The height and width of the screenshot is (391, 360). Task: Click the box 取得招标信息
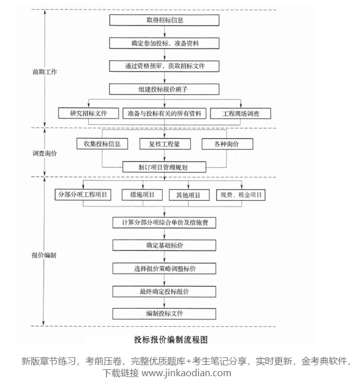click(164, 20)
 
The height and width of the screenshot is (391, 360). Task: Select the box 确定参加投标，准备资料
click(164, 43)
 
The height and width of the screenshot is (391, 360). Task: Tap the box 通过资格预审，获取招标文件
click(164, 66)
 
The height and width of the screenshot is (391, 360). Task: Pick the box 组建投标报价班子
click(164, 89)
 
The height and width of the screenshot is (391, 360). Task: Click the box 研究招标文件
click(89, 113)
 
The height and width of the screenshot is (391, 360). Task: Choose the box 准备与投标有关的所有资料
click(165, 113)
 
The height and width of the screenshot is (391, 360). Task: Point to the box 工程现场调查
click(241, 113)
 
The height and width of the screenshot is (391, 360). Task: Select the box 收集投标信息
click(102, 144)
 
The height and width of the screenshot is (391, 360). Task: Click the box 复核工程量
click(165, 144)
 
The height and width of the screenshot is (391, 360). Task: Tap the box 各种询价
click(227, 144)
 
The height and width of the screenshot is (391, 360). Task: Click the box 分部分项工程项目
click(83, 195)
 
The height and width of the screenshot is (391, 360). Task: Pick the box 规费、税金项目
click(241, 195)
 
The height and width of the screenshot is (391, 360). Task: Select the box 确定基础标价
click(164, 246)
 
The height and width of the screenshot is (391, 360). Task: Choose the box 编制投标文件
click(164, 314)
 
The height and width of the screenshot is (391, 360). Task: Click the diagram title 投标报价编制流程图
click(171, 339)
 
